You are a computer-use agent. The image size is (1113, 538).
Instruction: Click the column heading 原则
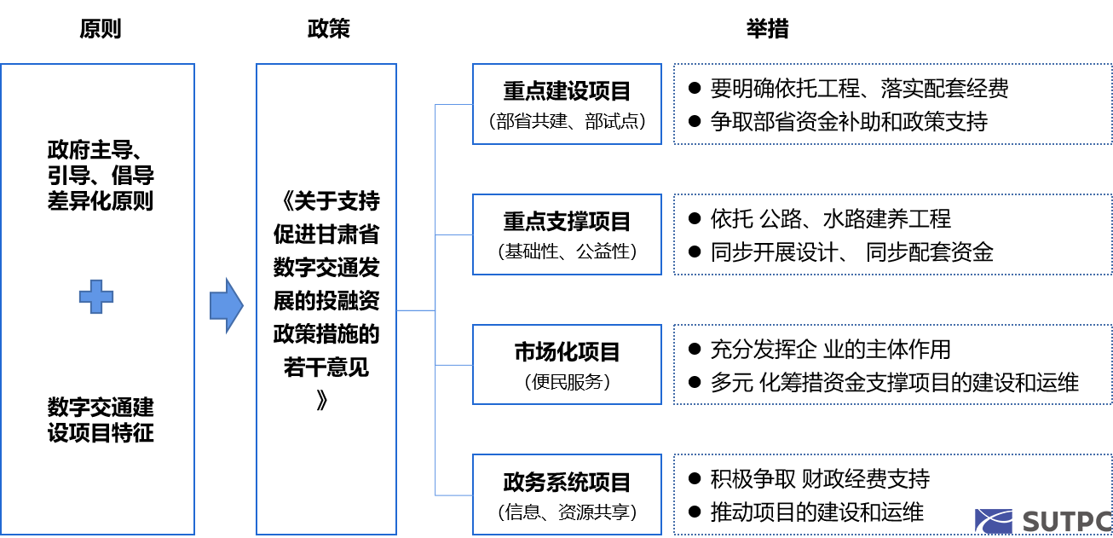coord(101,29)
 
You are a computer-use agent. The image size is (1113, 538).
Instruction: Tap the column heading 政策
coord(328,29)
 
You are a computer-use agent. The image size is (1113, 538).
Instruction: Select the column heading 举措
coord(767,29)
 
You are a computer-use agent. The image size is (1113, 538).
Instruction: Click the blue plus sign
coord(96,297)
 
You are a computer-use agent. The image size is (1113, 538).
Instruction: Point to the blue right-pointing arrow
coord(227,305)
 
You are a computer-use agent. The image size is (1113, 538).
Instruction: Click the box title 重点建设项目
coord(567,91)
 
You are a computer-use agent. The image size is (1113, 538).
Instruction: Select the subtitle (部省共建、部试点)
coord(567,121)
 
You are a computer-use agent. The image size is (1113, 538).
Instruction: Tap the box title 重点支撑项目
coord(567,222)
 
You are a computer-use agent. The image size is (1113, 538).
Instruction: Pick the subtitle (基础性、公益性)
coord(567,252)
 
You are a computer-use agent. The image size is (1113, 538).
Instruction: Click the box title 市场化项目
coord(567,352)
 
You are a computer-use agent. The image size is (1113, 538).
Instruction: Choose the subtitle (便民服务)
coord(567,382)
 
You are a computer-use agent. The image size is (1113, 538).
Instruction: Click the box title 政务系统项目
coord(567,483)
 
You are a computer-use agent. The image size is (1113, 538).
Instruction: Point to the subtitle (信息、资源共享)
coord(567,512)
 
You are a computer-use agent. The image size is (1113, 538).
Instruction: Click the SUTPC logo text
coord(1067,522)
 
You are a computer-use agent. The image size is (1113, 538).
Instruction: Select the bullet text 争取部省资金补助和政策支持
coord(849,122)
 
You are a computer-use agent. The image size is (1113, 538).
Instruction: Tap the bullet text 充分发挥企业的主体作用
coord(830,350)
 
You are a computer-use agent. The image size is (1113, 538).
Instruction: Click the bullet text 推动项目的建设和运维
coord(817,512)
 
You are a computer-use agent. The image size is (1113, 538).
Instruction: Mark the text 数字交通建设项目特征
coord(101,420)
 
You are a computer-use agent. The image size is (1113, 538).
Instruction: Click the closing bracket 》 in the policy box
coord(322,400)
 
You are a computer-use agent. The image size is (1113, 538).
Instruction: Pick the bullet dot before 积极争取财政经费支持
coord(695,479)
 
